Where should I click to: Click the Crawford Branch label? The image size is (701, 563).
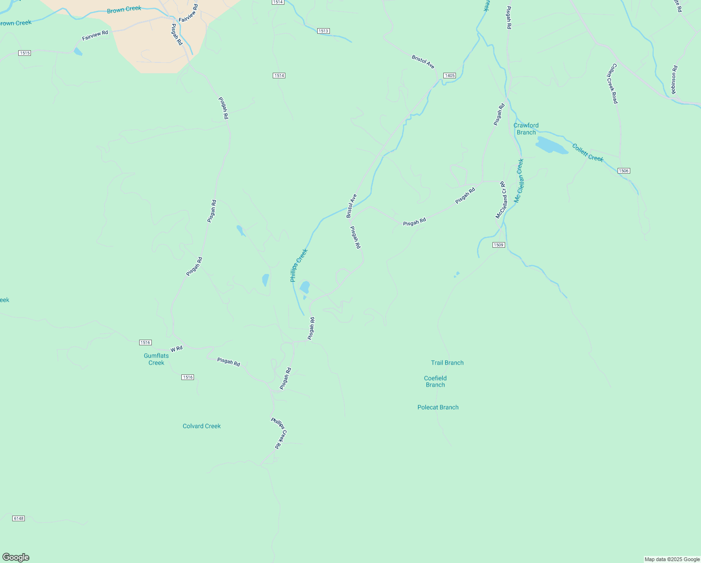526,129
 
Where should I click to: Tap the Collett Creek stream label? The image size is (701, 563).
588,153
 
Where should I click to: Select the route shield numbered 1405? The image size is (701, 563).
449,76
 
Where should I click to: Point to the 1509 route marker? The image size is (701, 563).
499,245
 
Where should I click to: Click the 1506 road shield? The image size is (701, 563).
623,171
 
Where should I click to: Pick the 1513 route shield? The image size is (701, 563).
323,31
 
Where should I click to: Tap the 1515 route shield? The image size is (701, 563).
25,53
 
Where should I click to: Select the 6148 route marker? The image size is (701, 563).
18,518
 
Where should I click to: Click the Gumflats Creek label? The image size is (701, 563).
156,359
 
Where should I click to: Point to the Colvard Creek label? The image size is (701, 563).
201,426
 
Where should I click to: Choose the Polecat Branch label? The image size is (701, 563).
438,407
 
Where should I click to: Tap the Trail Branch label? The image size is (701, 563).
447,363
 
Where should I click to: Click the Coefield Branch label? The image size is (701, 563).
435,381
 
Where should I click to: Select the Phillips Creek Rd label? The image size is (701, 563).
279,434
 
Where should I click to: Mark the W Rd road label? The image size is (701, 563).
177,349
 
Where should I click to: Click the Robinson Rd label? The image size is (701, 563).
674,80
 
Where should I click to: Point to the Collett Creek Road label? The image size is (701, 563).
613,84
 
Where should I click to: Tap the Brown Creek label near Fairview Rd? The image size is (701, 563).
124,10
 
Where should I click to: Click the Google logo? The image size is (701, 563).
16,557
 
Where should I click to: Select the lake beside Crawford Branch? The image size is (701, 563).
551,146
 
